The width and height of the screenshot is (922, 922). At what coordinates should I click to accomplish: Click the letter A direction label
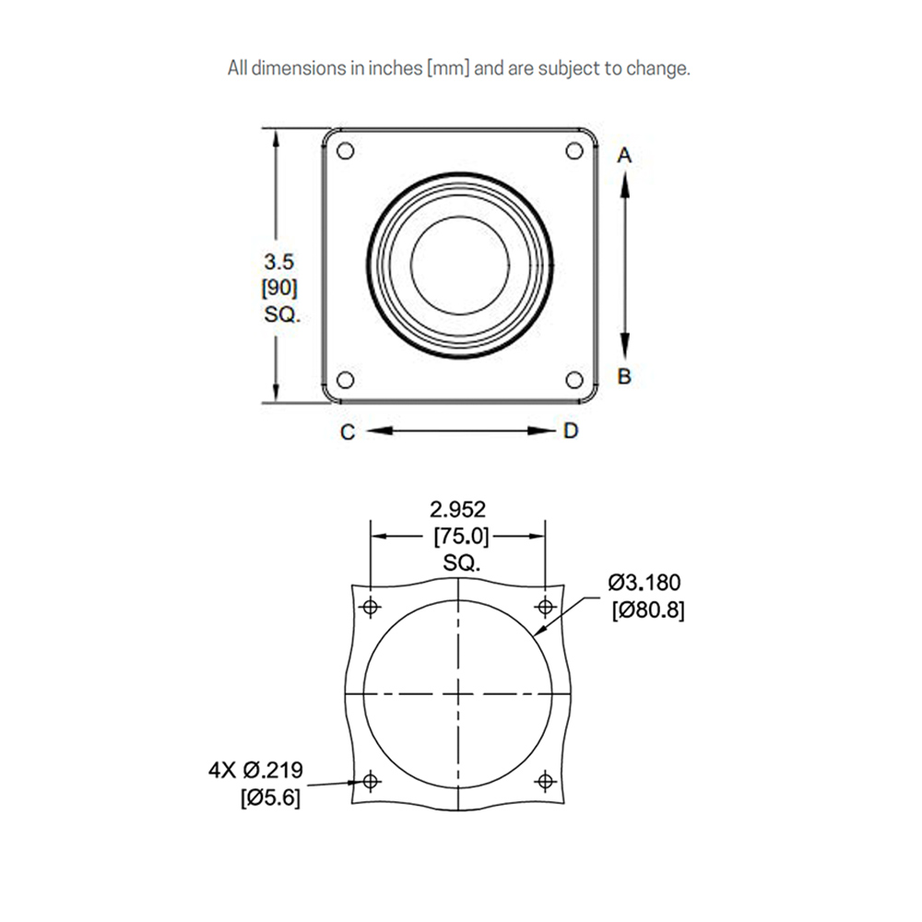624,156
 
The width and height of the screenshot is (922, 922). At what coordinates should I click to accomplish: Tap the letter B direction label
624,376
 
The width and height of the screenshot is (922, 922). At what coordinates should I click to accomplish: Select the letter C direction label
348,432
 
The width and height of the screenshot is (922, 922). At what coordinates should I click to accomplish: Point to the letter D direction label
571,431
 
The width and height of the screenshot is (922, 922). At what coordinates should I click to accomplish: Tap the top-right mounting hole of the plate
574,150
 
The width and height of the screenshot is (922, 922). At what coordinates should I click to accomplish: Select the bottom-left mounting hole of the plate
346,380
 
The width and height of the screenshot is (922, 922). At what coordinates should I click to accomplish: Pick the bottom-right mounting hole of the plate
574,380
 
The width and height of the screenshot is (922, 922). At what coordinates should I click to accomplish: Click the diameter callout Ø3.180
644,583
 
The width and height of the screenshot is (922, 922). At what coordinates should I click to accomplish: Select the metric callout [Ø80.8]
647,610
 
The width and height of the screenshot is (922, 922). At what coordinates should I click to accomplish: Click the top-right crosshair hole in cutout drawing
545,606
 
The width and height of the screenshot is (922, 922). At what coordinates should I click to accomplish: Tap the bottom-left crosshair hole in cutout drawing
371,782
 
